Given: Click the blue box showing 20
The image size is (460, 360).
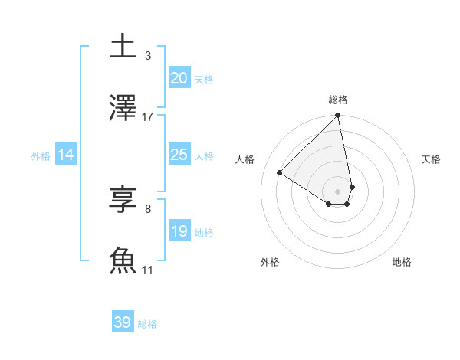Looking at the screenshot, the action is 179,78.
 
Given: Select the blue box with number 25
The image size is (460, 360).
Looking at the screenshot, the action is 179,155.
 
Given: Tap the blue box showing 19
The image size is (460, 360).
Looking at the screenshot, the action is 179,231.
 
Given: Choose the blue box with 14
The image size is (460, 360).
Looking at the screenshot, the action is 66,155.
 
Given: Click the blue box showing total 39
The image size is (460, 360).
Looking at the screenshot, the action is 123,322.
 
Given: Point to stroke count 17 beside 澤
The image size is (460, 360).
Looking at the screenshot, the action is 148,117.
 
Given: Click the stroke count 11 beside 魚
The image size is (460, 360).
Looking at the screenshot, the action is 148,270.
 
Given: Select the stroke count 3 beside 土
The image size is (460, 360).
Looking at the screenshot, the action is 148,56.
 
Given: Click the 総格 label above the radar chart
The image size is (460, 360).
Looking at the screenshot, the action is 338,100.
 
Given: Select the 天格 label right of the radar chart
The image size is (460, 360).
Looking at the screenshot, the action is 432,159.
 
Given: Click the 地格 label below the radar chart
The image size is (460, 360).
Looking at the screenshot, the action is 402,262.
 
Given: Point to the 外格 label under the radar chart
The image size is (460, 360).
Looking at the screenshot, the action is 270,262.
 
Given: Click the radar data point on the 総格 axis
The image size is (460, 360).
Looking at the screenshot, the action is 338,116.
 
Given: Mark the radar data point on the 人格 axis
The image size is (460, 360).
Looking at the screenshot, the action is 280,172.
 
